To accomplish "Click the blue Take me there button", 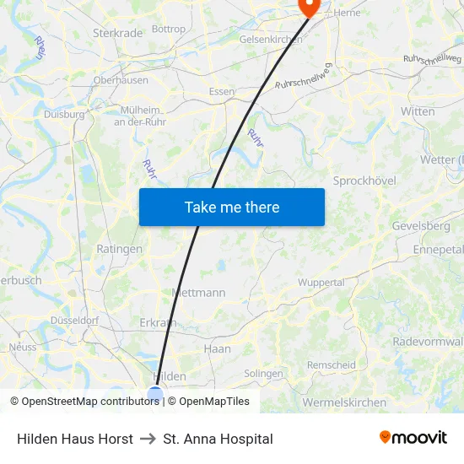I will click(231, 207).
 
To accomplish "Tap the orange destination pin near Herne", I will click(310, 7).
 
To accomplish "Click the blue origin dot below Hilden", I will click(155, 392).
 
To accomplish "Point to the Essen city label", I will click(222, 91).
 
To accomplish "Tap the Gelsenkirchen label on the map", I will click(271, 40).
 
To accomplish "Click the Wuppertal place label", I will click(321, 283).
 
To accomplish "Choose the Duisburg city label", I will click(64, 114).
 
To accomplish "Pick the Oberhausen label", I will click(121, 81).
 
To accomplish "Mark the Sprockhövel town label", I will click(364, 181).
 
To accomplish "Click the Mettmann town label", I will click(198, 293).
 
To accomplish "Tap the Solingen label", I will click(263, 374).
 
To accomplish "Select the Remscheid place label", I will click(331, 364).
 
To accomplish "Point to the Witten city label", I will click(418, 111).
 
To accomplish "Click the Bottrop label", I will click(169, 29).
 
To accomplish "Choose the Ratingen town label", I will click(120, 249).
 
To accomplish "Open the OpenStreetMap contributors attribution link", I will click(84, 402).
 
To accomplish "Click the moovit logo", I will click(413, 438).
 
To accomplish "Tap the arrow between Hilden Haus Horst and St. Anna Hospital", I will click(148, 439).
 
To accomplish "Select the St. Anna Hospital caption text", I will click(218, 439).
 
